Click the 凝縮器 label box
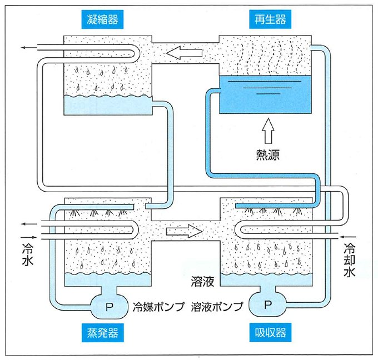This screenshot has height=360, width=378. pyautogui.click(x=102, y=20)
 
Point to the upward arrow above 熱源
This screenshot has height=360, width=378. pyautogui.click(x=268, y=131)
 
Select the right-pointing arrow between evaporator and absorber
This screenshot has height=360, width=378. pyautogui.click(x=186, y=229)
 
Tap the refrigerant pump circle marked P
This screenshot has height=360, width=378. pyautogui.click(x=110, y=304)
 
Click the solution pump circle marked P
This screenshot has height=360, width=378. pyautogui.click(x=268, y=304)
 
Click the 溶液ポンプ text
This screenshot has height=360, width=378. pyautogui.click(x=217, y=306)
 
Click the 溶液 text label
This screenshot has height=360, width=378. pyautogui.click(x=202, y=282)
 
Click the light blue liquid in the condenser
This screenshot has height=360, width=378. pyautogui.click(x=106, y=104)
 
